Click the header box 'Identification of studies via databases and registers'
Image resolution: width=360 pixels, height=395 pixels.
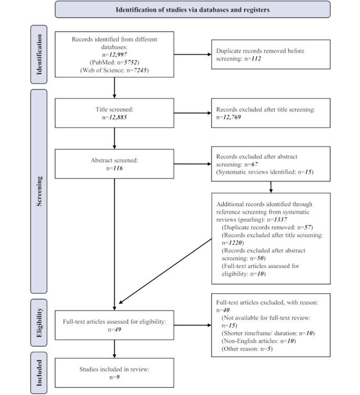point(193,9)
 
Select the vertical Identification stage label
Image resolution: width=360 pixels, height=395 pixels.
point(39,54)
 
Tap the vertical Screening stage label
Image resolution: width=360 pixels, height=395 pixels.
point(39,191)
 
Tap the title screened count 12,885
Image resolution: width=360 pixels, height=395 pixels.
point(118,117)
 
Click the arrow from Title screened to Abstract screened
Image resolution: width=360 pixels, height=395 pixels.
point(114,139)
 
